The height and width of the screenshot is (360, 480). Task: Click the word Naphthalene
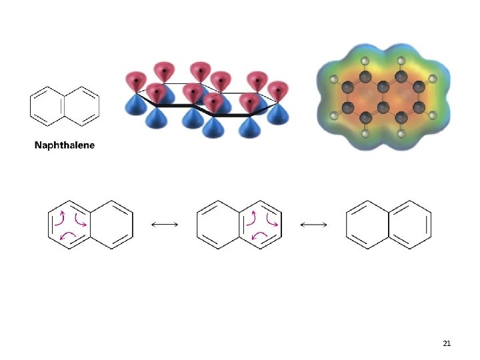65,145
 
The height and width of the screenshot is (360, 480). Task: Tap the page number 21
447,343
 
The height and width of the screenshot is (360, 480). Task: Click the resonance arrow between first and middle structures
165,225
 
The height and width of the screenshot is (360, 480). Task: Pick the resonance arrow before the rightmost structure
313,225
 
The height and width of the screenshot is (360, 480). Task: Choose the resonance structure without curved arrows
388,225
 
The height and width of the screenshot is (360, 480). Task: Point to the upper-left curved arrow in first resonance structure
61,216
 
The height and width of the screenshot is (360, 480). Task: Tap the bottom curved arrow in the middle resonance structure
257,235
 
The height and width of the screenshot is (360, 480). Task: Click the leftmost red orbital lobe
135,81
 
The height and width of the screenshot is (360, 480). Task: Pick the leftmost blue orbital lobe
135,105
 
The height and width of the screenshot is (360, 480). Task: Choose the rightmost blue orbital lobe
277,113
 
